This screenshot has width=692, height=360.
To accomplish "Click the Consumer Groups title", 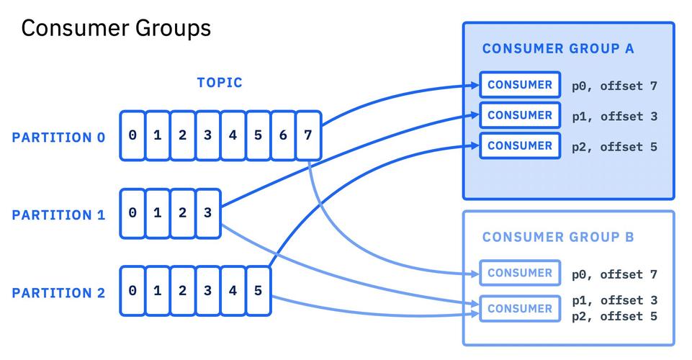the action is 116,29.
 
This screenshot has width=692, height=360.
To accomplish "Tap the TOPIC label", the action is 220,83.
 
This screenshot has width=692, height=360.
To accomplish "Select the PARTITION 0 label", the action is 59,138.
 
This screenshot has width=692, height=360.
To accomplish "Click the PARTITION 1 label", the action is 59,215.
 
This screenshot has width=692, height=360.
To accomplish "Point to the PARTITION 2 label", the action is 59,293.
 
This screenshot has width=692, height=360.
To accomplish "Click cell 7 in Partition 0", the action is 308,135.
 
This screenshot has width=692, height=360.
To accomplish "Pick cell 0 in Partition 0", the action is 132,135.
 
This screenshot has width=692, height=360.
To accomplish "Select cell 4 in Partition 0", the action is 233,135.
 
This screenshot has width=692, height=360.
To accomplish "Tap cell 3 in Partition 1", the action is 208,214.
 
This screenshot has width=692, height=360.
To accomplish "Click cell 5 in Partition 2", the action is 259,291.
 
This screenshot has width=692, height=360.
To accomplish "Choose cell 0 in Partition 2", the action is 132,291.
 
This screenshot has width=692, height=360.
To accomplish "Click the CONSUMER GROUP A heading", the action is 558,48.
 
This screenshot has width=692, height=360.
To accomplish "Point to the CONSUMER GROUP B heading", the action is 558,238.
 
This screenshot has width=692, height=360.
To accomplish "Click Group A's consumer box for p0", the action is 520,85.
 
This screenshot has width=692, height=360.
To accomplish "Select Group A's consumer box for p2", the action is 520,145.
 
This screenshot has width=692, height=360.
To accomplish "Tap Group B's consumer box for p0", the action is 520,273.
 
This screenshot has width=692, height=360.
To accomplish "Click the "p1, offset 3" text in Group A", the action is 615,117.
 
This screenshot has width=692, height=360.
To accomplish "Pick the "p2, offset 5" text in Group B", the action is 615,316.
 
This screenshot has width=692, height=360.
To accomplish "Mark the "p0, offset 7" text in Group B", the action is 615,274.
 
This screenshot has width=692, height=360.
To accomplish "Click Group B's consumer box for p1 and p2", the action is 520,309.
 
